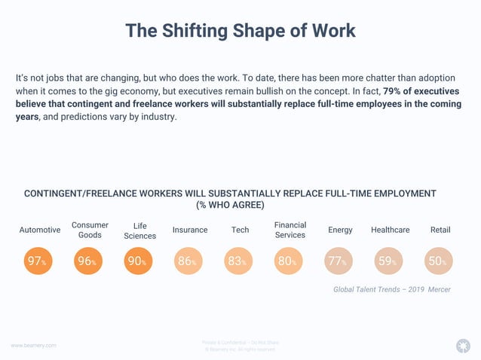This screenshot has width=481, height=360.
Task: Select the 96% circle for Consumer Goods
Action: pyautogui.click(x=88, y=261)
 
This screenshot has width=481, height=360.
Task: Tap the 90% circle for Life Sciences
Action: pyautogui.click(x=139, y=261)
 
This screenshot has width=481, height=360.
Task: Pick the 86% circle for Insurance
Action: pyautogui.click(x=189, y=261)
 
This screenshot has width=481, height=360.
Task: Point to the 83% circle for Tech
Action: pyautogui.click(x=240, y=261)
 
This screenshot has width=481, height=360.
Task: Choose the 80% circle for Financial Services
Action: pyautogui.click(x=290, y=261)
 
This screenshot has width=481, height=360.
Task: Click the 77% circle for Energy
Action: pyautogui.click(x=340, y=261)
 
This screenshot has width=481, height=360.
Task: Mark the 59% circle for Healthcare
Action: pyautogui.click(x=390, y=261)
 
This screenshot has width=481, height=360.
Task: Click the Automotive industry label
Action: pyautogui.click(x=39, y=230)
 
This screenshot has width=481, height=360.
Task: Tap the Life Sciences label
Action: pyautogui.click(x=139, y=230)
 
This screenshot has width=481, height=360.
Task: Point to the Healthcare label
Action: pyautogui.click(x=391, y=230)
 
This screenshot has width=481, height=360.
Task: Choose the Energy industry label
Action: pyautogui.click(x=340, y=230)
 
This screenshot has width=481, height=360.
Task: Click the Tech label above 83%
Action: pyautogui.click(x=240, y=230)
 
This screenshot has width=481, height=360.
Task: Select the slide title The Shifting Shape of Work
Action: pyautogui.click(x=240, y=31)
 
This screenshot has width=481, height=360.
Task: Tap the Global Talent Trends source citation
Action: pyautogui.click(x=391, y=289)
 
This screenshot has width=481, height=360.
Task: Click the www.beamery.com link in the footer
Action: pyautogui.click(x=33, y=345)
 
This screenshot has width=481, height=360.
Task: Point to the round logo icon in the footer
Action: pyautogui.click(x=463, y=346)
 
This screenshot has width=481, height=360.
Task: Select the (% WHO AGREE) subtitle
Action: pyautogui.click(x=230, y=205)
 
